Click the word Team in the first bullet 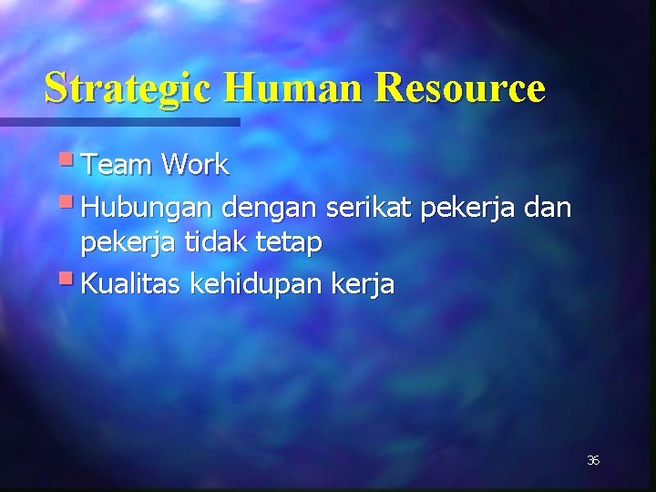[x=118, y=165]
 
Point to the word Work [x=195, y=165]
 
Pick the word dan [x=548, y=209]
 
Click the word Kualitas [x=131, y=283]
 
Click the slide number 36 [x=593, y=461]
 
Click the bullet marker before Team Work [x=71, y=161]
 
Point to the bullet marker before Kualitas [x=71, y=280]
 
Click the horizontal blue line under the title [x=119, y=121]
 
